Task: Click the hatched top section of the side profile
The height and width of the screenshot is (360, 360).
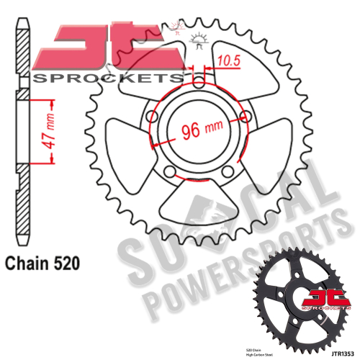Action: click(24, 50)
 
